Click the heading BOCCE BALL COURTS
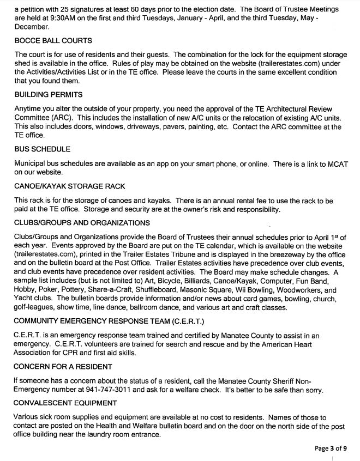[x=53, y=41]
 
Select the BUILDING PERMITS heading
[x=49, y=95]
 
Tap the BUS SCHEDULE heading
[x=43, y=149]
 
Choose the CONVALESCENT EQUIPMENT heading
[x=66, y=403]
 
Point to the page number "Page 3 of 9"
[x=330, y=448]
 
